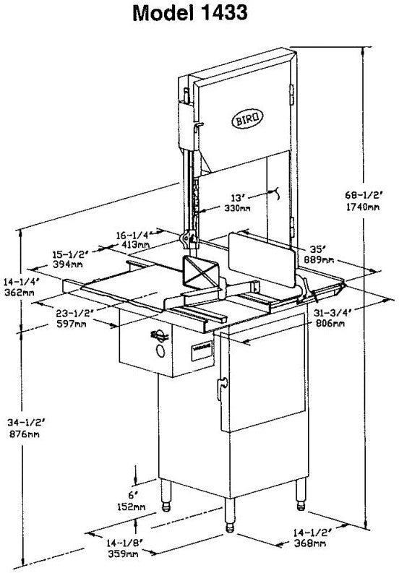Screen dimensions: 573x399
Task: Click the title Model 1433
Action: tap(200, 14)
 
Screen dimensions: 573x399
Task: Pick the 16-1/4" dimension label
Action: tap(132, 235)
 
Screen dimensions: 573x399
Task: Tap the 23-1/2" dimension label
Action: tap(73, 314)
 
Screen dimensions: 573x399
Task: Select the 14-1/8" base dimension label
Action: tap(123, 543)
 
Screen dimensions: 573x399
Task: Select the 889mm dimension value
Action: tap(318, 259)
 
